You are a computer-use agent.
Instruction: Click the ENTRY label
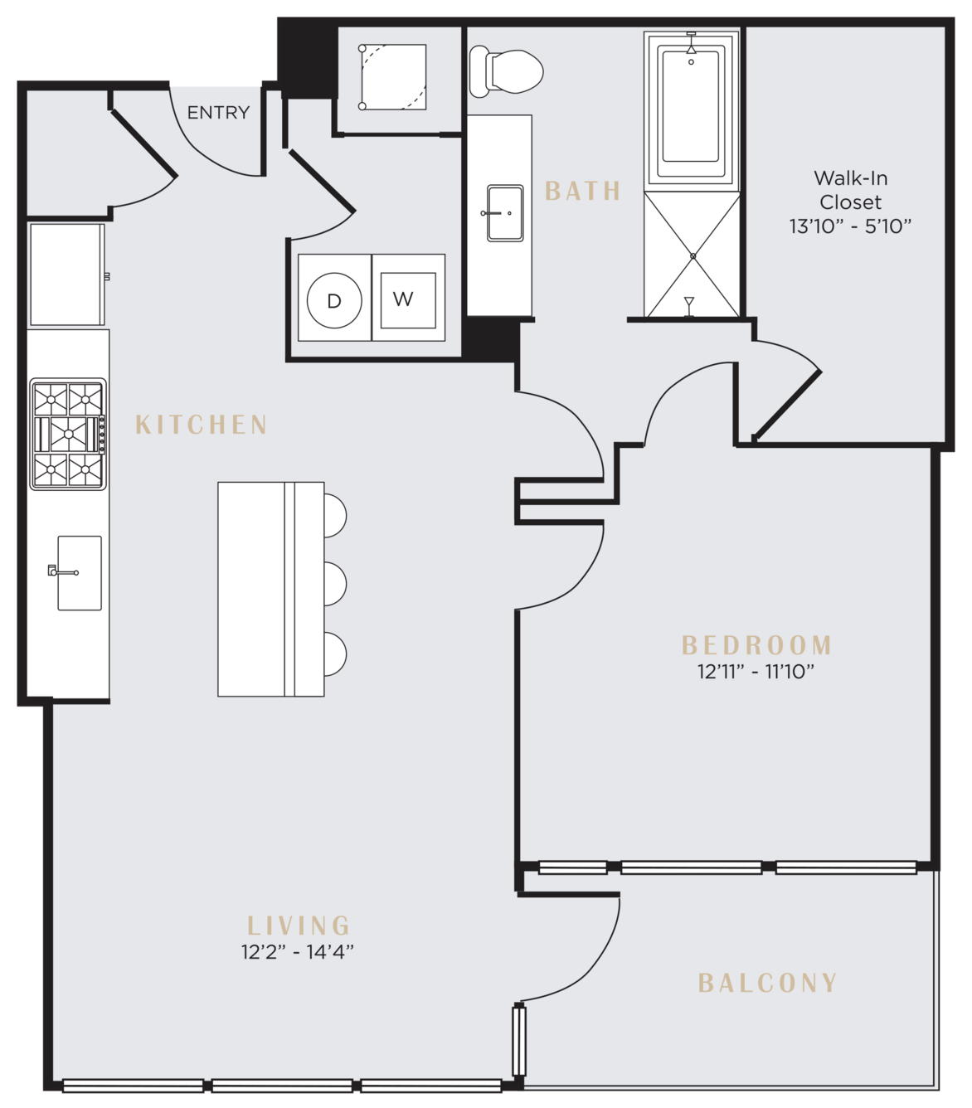click(218, 113)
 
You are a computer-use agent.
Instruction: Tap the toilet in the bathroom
click(506, 71)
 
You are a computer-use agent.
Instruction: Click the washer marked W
click(409, 298)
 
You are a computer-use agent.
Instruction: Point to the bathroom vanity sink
click(505, 213)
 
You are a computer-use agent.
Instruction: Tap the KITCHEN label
click(202, 425)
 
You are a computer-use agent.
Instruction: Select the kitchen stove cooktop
click(68, 434)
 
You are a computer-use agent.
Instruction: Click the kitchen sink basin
click(80, 572)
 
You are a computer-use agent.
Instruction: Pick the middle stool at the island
click(334, 584)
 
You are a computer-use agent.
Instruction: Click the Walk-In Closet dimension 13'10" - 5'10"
click(851, 226)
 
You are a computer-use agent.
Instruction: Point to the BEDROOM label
click(756, 645)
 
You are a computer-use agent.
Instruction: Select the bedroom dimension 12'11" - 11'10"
click(756, 672)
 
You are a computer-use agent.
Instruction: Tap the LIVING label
click(298, 926)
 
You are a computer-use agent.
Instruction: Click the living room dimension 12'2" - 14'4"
click(298, 952)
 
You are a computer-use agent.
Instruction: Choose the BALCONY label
click(767, 983)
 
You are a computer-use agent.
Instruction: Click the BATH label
click(583, 191)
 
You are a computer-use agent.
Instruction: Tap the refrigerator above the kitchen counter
click(66, 275)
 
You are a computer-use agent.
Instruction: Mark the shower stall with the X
click(692, 255)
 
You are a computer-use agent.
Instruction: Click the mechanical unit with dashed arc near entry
click(393, 77)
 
